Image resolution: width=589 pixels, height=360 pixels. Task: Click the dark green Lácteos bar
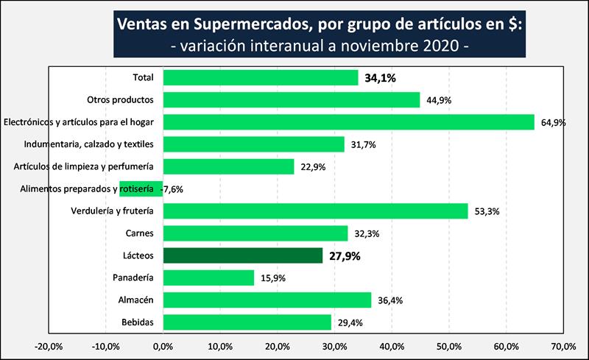pos(242,255)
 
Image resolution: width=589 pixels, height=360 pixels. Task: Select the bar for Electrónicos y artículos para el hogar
pos(348,121)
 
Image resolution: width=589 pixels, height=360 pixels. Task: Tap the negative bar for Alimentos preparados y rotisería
pos(141,188)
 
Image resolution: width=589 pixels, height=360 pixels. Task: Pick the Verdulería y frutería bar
pos(315,211)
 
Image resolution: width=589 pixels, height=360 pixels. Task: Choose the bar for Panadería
pos(208,278)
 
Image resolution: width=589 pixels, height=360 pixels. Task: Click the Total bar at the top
pos(260,77)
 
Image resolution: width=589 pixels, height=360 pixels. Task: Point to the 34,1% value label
pos(381,77)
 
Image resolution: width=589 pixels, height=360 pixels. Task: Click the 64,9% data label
pos(553,122)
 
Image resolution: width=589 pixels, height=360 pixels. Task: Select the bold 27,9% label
pos(346,256)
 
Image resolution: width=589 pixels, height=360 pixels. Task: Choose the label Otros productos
pos(120,99)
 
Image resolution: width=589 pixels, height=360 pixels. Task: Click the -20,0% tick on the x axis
pos(48,345)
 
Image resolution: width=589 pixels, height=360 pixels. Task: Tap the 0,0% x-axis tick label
pos(163,345)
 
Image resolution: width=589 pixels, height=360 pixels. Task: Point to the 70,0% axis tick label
pos(563,345)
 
